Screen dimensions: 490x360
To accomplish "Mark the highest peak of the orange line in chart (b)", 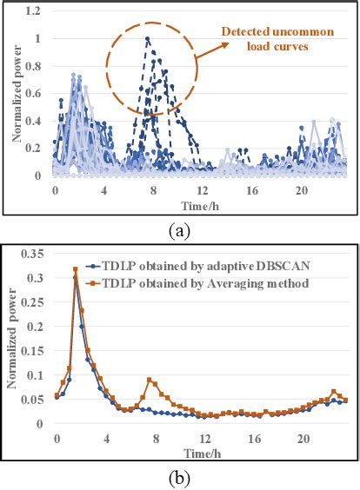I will (76, 269).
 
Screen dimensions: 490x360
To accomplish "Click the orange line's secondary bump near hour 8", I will (150, 380).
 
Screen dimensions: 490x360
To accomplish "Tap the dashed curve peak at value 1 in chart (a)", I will (148, 38).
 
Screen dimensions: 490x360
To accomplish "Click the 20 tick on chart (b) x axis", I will (303, 440).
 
